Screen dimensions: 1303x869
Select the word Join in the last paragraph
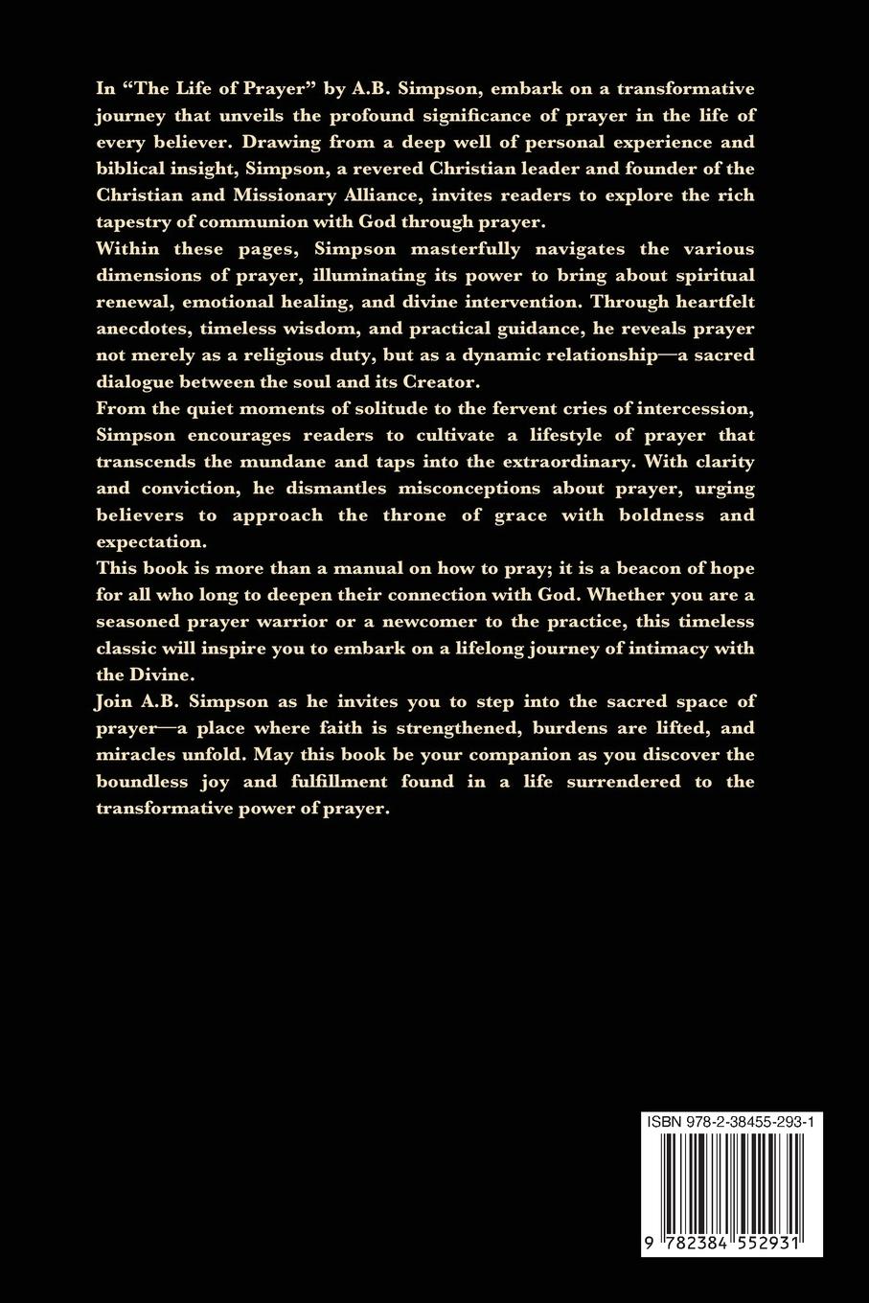pyautogui.click(x=114, y=701)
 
